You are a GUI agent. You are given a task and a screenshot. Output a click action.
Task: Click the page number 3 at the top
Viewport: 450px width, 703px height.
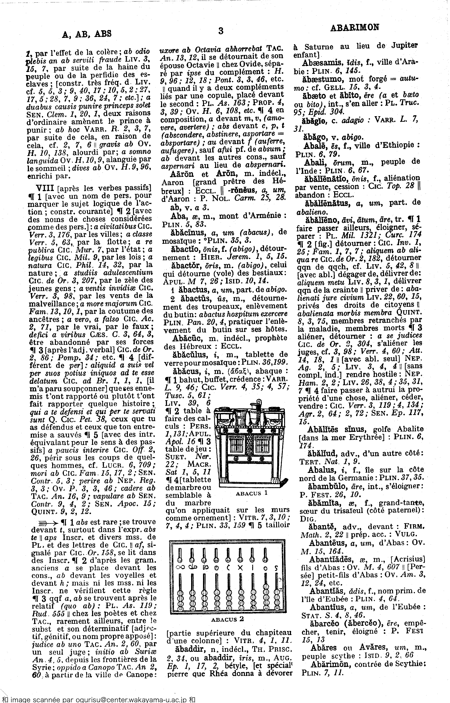[x=221, y=31]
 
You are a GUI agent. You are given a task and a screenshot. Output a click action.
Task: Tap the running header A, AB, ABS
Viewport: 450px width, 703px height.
[x=87, y=34]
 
